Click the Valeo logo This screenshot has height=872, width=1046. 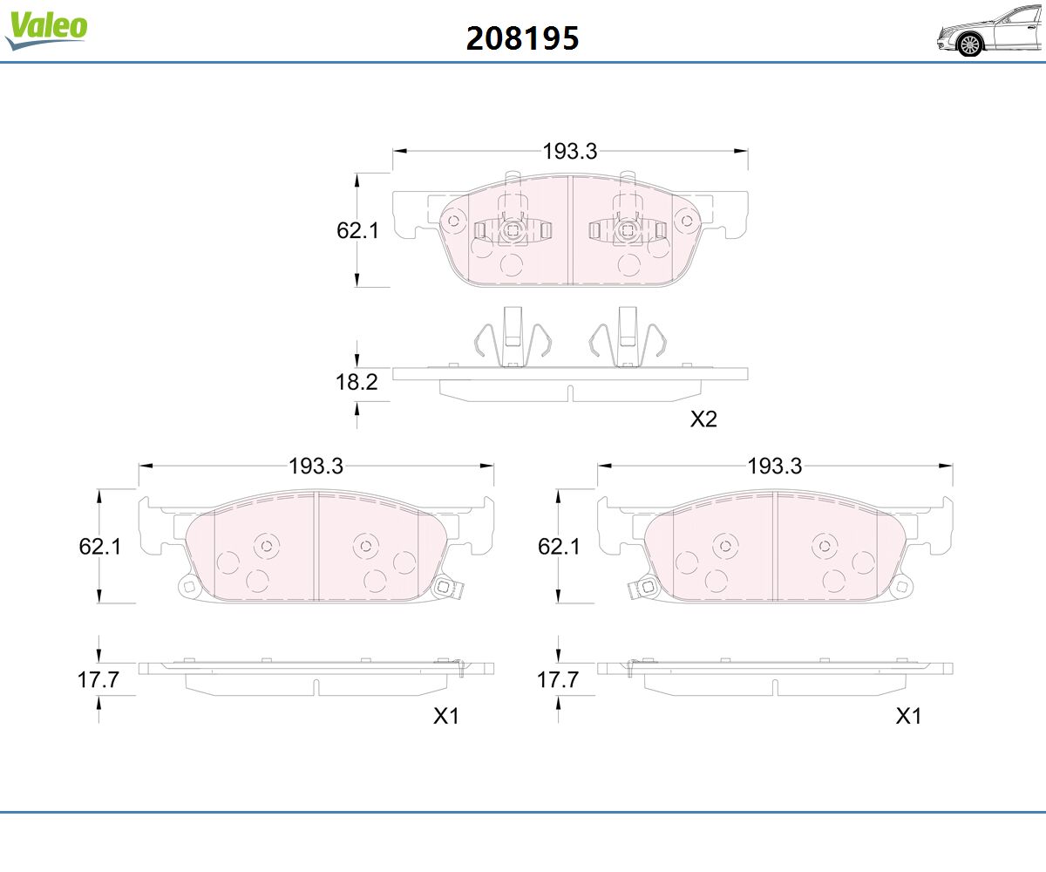click(46, 31)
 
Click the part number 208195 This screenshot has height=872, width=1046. click(522, 38)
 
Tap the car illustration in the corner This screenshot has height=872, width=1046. click(990, 31)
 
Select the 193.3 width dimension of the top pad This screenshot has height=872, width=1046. click(570, 152)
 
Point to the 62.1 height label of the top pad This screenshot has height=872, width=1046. click(357, 230)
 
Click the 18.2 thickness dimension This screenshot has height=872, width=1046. click(357, 383)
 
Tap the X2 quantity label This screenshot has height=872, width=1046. click(703, 419)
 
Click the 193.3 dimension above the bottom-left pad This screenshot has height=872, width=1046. click(316, 467)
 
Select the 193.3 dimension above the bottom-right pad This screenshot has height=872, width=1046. click(775, 467)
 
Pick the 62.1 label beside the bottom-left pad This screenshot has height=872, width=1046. click(100, 547)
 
